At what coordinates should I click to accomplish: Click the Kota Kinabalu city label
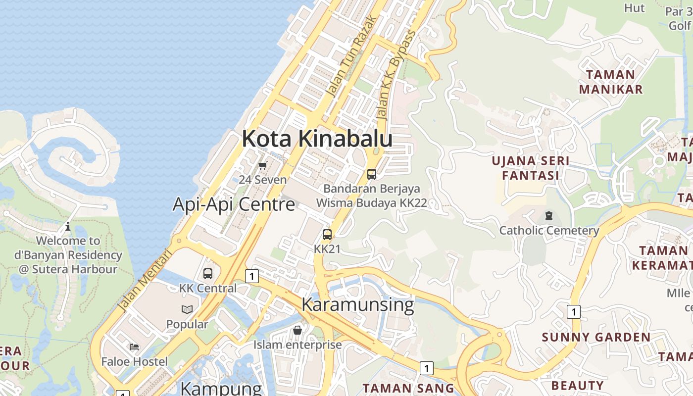pos(317,139)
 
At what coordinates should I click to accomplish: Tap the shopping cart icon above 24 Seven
pos(263,165)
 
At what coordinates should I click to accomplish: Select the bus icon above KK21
pos(327,235)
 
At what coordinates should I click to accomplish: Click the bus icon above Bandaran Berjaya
pos(372,174)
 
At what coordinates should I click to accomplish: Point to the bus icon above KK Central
pos(208,273)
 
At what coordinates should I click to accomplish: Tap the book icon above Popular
pos(187,310)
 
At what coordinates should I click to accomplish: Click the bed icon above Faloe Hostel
pos(134,347)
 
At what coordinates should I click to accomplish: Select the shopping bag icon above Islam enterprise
pos(297,330)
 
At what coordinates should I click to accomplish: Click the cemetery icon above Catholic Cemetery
pos(548,216)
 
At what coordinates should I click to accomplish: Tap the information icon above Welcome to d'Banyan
pos(68,227)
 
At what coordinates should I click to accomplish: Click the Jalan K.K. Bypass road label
pos(391,82)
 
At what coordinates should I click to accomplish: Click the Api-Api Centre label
pos(234,204)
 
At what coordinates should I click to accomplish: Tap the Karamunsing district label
pos(357,304)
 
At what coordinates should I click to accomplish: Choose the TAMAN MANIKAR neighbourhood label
pos(610,82)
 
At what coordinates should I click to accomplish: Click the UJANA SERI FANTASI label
pos(530,168)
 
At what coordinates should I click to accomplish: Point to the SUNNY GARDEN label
pos(596,338)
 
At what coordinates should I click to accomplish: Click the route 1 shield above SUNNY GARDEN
pos(573,312)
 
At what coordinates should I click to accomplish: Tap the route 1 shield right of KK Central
pos(252,276)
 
